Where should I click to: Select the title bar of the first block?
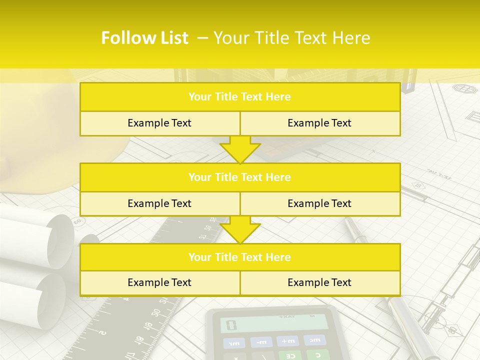tap(240, 97)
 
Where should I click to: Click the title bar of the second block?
tap(240, 177)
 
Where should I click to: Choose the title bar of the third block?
tap(240, 257)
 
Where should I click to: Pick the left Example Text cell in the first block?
tap(159, 123)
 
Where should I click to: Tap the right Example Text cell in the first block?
tap(319, 123)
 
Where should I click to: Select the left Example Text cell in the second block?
tap(159, 203)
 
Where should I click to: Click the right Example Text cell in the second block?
tap(319, 203)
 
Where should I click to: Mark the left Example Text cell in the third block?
tap(159, 282)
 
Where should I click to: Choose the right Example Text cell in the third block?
tap(319, 282)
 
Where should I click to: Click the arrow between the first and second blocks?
tap(240, 149)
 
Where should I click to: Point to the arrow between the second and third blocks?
tap(240, 229)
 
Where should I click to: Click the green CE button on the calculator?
tap(289, 355)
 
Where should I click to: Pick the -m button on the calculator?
tap(261, 342)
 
